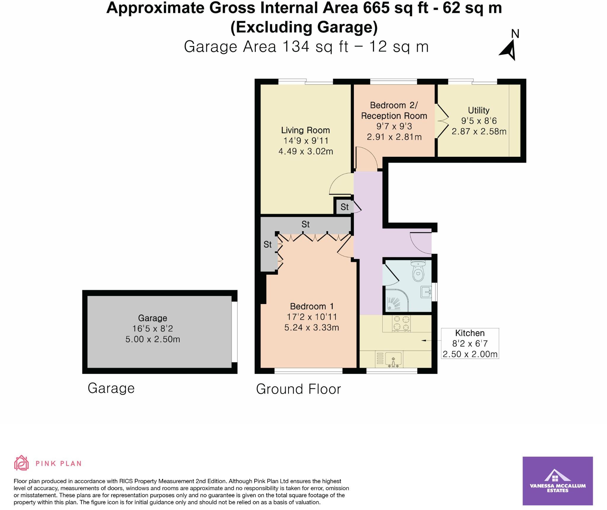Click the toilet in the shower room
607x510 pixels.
[x=418, y=271]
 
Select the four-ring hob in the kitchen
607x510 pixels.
[x=401, y=323]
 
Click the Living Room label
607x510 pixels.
[x=305, y=130]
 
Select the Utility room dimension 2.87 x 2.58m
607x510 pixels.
[x=479, y=131]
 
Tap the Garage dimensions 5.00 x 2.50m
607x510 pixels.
[x=153, y=339]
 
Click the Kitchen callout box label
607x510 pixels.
[x=470, y=333]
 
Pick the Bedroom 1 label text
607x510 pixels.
[x=312, y=306]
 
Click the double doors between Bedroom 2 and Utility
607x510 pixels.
[x=442, y=121]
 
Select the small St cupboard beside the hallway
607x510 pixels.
[x=344, y=207]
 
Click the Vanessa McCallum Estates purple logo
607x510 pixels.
[x=558, y=481]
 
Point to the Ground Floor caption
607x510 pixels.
[x=298, y=389]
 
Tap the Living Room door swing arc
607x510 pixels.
[x=340, y=184]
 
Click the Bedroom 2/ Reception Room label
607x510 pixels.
[x=394, y=111]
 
